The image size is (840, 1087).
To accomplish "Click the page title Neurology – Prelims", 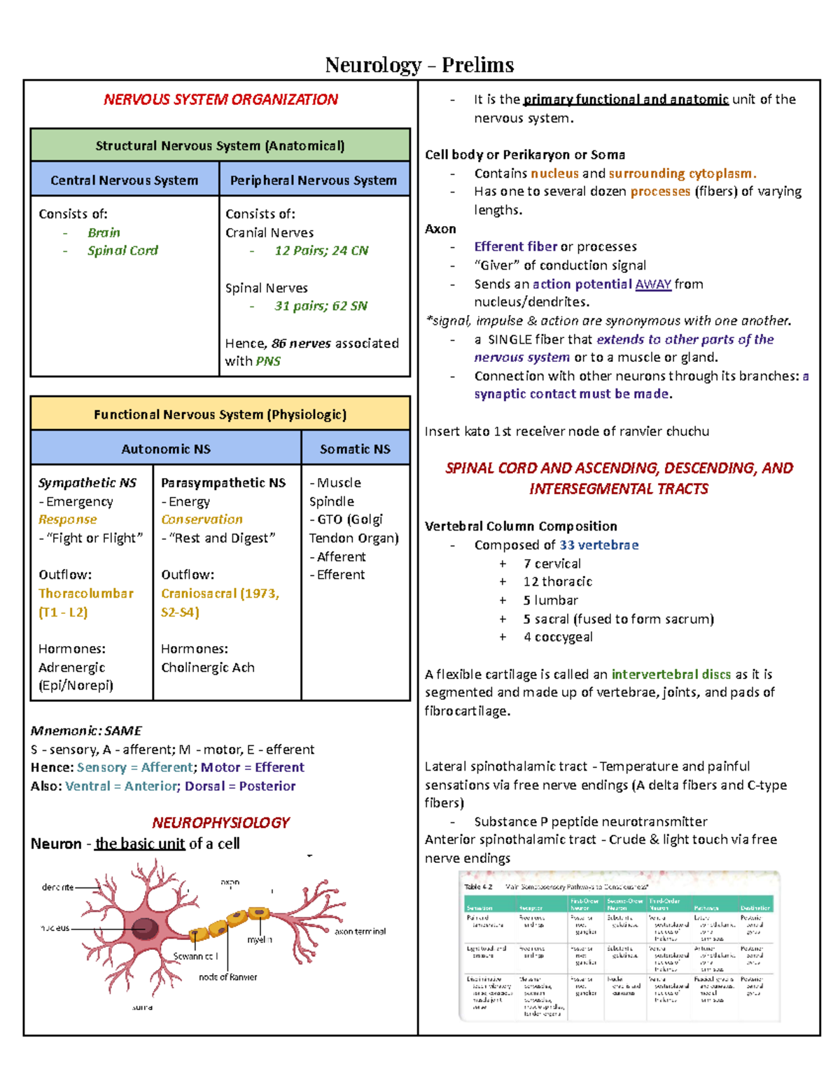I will click(419, 65).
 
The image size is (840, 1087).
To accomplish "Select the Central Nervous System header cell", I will click(125, 180).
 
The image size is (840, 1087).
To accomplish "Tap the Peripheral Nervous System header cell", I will click(314, 180).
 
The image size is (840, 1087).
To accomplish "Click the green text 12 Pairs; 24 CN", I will click(321, 251).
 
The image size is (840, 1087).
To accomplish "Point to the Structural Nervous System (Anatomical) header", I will click(220, 146).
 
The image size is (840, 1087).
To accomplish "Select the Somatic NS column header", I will click(355, 449).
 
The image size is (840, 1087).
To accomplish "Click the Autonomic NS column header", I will click(166, 449).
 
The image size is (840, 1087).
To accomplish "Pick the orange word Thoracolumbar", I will click(86, 593).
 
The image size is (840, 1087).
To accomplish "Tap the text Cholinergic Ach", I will click(208, 667).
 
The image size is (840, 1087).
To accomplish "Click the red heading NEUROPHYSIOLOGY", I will click(220, 822).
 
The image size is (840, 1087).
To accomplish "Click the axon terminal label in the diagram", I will click(360, 932).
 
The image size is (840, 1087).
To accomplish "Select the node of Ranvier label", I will click(228, 977).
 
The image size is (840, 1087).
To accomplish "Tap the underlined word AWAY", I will click(653, 284).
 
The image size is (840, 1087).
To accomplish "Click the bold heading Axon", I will click(440, 229).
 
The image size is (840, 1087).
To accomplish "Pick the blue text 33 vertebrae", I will click(598, 545).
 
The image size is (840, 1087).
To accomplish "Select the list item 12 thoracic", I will click(557, 582).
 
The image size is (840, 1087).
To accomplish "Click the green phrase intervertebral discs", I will click(671, 674).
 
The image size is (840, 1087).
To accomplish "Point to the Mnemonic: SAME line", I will click(86, 731).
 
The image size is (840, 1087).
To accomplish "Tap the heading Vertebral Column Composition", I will click(521, 526).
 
